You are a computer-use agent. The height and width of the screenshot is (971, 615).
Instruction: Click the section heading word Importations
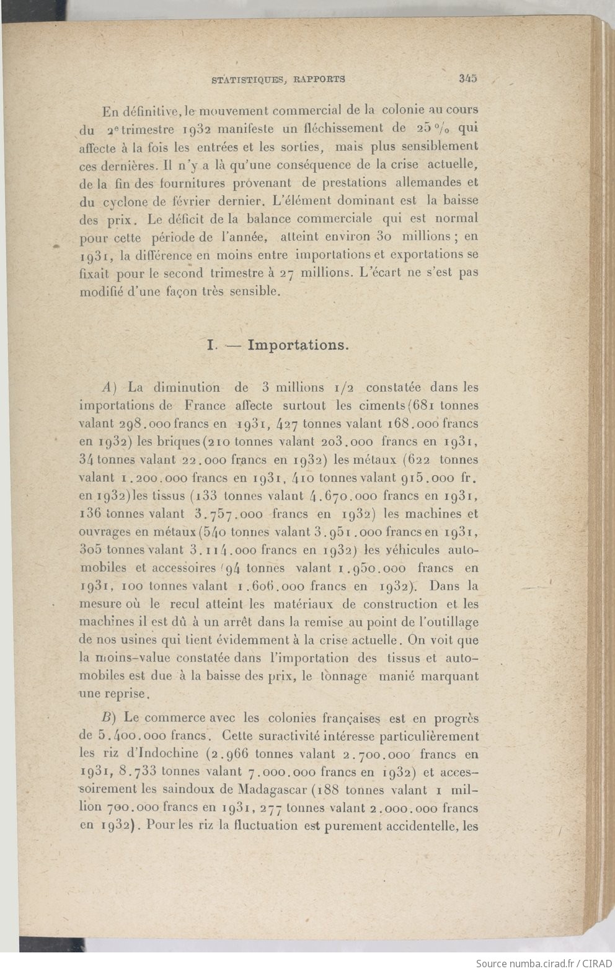pos(298,345)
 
